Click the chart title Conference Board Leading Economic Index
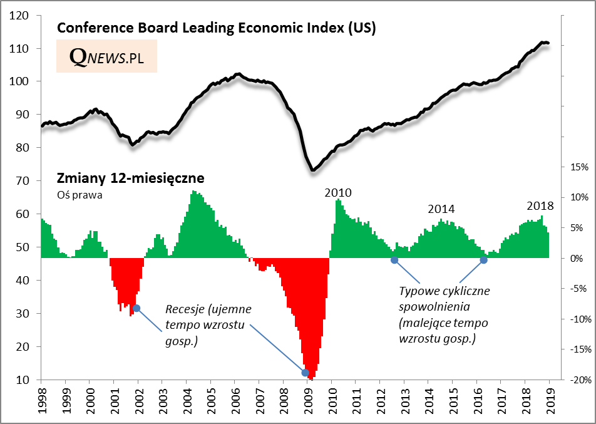[x=216, y=29]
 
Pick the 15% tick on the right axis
[x=579, y=167]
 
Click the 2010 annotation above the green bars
[x=338, y=193]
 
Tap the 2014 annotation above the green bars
[x=441, y=209]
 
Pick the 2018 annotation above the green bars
[x=540, y=206]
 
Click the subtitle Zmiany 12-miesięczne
[x=130, y=178]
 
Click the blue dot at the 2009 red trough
[x=306, y=373]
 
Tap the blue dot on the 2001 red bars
[x=136, y=308]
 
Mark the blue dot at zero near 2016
[x=483, y=260]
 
